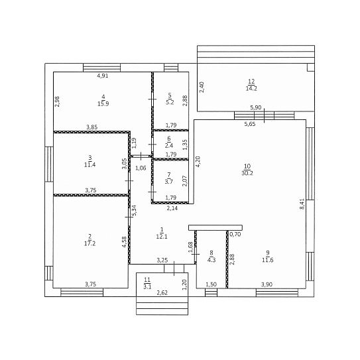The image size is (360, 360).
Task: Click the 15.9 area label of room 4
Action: (x=103, y=104)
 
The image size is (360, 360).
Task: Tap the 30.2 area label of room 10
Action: (x=247, y=173)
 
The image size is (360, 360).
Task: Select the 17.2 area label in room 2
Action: (x=90, y=243)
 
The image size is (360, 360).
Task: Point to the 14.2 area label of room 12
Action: (x=251, y=88)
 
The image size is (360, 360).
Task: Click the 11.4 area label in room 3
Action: (x=90, y=164)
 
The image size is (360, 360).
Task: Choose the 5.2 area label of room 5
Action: (x=170, y=102)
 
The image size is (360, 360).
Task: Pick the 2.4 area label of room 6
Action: (x=169, y=146)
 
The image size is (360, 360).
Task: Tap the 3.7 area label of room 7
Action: (x=169, y=182)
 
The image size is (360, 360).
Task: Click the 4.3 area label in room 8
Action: (x=211, y=260)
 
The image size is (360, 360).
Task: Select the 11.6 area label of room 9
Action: (x=268, y=260)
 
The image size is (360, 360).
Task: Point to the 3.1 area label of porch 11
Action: (x=147, y=287)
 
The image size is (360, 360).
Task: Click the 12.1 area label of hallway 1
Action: (x=162, y=237)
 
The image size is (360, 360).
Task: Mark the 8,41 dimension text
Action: (x=302, y=204)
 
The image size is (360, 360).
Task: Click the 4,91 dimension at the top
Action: (x=103, y=76)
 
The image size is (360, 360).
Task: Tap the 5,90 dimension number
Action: (x=256, y=107)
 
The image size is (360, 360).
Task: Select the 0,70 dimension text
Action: (x=235, y=235)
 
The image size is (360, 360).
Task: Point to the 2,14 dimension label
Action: (x=172, y=208)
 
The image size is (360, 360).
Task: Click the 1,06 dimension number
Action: (x=141, y=168)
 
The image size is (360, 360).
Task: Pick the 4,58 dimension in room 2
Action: (x=124, y=242)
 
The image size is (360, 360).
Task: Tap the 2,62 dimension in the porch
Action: (x=162, y=293)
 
